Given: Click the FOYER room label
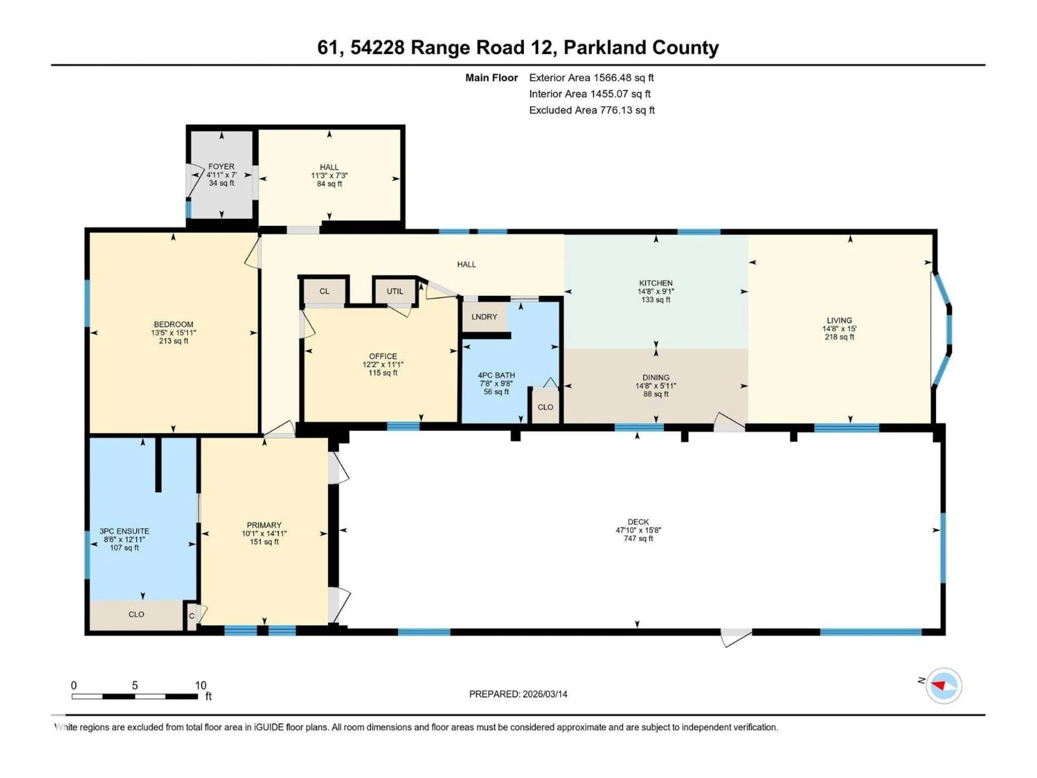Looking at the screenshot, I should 221,166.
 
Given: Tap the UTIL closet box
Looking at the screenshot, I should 395,291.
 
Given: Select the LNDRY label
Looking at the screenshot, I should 484,317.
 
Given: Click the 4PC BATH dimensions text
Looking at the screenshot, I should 496,384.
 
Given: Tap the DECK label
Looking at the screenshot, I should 638,522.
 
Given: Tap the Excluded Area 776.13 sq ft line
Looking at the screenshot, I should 592,110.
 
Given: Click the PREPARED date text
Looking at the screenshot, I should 518,694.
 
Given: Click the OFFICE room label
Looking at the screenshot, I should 383,356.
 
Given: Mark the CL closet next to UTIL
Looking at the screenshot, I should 324,291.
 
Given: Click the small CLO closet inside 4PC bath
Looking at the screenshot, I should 545,407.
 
